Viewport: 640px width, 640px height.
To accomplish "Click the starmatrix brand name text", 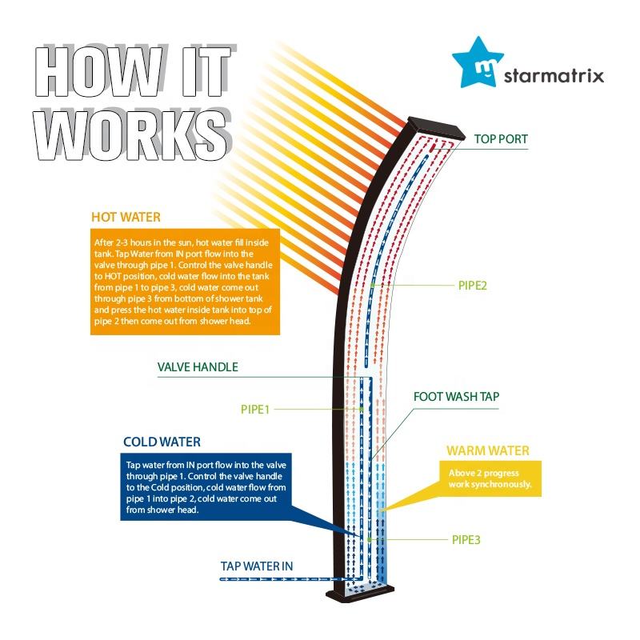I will click(x=554, y=77).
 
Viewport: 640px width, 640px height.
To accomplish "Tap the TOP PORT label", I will click(x=501, y=139).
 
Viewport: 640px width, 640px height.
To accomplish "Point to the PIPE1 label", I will click(x=255, y=409).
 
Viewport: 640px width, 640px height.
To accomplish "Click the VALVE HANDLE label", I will click(x=198, y=367).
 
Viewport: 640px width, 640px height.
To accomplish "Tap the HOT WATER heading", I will click(x=126, y=217).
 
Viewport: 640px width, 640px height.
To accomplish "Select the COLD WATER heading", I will click(x=162, y=442).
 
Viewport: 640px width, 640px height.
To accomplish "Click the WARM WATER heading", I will click(x=487, y=451).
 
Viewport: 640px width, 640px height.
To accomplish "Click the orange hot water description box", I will click(x=185, y=279).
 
